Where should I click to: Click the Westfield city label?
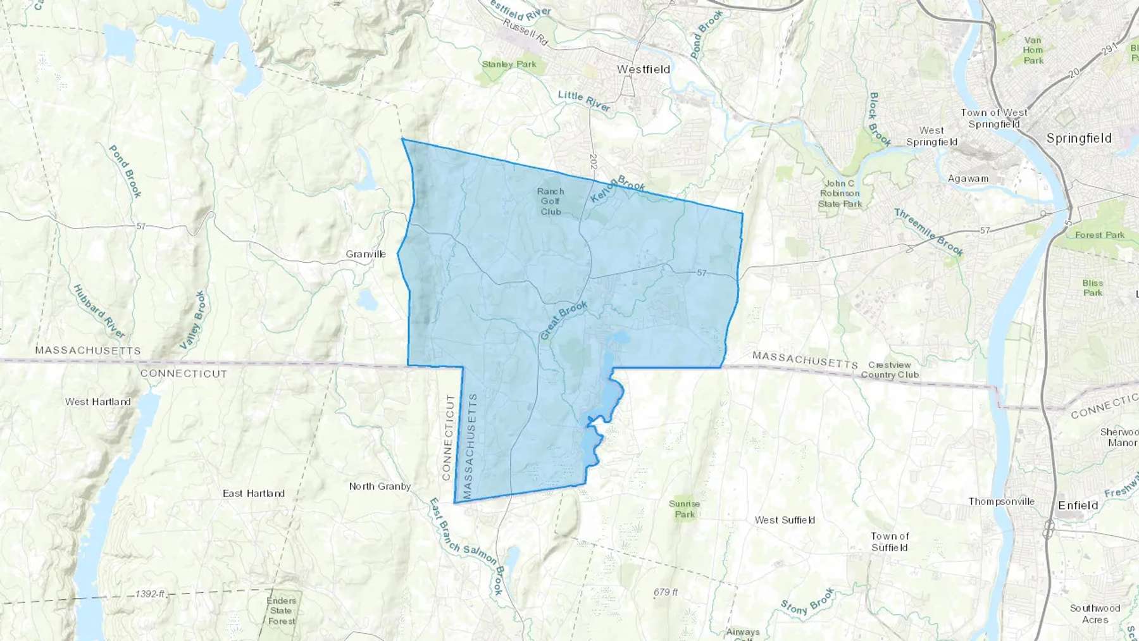click(644, 69)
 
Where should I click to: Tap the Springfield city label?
click(1079, 138)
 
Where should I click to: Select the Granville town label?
click(366, 254)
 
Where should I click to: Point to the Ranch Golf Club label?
click(551, 201)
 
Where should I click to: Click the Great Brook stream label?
click(563, 320)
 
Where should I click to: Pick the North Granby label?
click(380, 487)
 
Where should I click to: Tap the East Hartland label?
click(254, 493)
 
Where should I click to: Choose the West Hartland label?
click(98, 401)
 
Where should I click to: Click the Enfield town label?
click(1078, 505)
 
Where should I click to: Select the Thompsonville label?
click(1001, 501)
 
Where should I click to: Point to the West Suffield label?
click(785, 520)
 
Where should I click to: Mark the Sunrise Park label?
click(685, 509)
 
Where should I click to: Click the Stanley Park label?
click(509, 64)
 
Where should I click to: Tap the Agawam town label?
click(968, 178)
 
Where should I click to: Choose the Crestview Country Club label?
click(890, 370)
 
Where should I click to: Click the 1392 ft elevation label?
click(150, 594)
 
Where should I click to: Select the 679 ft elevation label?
click(666, 592)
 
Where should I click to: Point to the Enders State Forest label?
click(281, 611)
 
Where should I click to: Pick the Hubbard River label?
click(99, 311)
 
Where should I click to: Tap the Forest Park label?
click(1100, 235)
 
